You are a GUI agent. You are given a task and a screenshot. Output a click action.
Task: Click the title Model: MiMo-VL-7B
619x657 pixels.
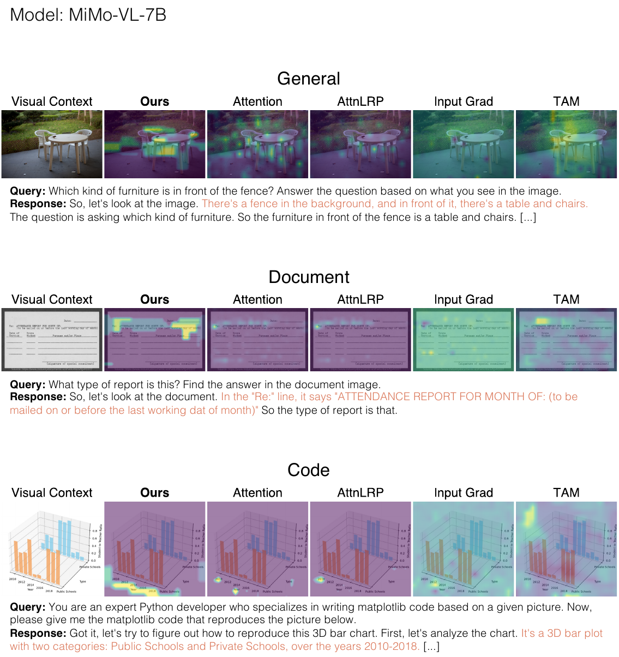(88, 15)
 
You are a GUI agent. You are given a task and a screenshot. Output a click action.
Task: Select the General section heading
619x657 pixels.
(309, 79)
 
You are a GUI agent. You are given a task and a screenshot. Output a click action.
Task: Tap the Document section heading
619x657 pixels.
(309, 277)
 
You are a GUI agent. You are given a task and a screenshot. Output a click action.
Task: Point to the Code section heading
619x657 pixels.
(309, 470)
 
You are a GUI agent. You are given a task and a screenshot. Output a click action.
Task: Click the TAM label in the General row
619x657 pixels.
(566, 101)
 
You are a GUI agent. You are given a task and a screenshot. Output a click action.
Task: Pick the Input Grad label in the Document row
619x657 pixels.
(464, 299)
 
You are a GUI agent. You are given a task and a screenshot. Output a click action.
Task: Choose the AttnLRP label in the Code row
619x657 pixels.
(360, 492)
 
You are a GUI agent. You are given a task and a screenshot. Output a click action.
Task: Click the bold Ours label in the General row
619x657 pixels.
(155, 101)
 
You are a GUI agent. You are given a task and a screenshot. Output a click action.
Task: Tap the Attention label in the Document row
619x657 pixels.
(257, 299)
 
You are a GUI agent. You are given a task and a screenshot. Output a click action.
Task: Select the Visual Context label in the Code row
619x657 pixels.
(52, 492)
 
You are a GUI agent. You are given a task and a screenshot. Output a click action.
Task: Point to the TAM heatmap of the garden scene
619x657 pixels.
(566, 144)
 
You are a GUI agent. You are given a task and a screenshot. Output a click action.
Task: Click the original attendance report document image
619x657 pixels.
(52, 340)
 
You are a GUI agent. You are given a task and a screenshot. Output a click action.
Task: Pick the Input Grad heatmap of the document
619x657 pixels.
(464, 340)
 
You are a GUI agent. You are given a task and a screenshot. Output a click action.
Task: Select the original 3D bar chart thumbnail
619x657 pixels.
(52, 548)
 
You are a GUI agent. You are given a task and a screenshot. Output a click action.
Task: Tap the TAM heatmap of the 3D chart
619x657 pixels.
(566, 548)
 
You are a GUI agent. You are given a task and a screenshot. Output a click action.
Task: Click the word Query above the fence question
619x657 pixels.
(27, 191)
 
